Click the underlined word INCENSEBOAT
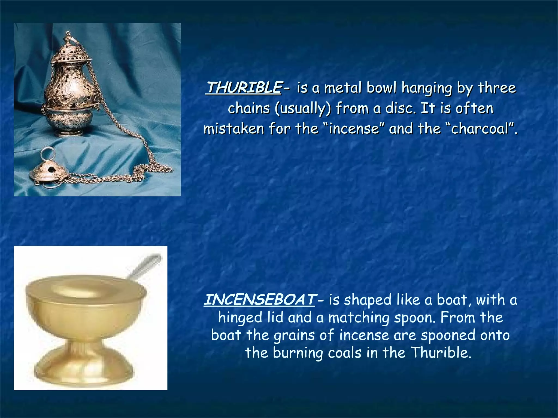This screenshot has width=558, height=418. tap(260, 300)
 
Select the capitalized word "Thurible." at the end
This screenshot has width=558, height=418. tap(441, 353)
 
